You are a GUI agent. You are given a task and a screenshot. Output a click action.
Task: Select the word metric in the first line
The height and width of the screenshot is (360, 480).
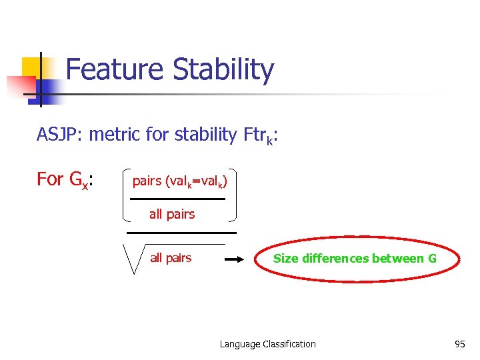pos(114,135)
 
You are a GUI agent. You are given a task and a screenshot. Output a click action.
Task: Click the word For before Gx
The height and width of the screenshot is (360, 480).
pos(50,179)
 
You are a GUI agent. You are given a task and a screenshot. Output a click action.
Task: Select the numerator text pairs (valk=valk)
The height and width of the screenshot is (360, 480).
pos(179,181)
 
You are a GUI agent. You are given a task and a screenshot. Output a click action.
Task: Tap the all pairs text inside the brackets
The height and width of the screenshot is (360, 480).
pos(172,214)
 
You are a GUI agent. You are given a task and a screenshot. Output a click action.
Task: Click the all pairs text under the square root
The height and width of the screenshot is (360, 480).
pos(171,258)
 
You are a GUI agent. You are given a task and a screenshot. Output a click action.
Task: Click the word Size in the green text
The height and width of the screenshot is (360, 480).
pos(285,259)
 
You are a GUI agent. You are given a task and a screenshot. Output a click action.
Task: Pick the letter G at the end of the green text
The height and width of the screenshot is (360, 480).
pos(431,259)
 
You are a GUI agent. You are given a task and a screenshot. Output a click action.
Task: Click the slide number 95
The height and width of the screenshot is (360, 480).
pos(459,344)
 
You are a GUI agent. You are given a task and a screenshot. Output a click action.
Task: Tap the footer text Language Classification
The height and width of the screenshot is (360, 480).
pos(267,344)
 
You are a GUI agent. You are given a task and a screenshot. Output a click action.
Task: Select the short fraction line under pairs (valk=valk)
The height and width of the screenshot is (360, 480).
pos(177,199)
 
